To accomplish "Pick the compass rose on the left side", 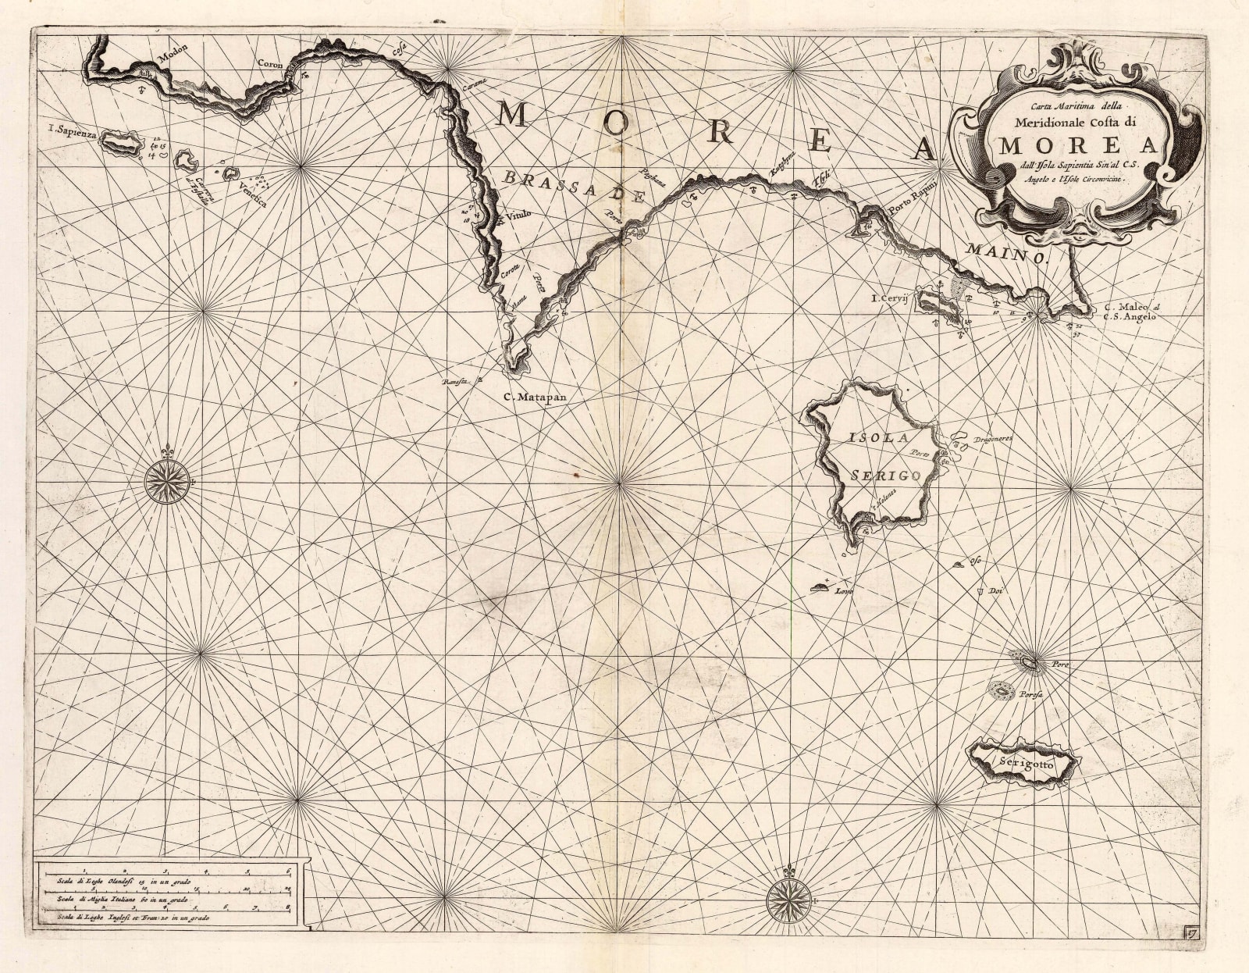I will coord(165,477).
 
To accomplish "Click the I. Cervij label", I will coord(892,298).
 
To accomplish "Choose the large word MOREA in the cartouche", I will coord(1080,147).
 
